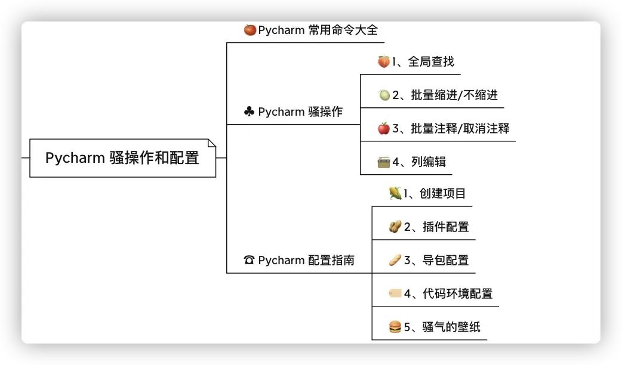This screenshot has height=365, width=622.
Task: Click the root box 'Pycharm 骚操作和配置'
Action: pyautogui.click(x=122, y=158)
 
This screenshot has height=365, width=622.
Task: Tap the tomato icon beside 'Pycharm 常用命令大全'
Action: pyautogui.click(x=250, y=30)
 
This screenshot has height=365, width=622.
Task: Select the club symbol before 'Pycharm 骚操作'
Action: pyautogui.click(x=249, y=112)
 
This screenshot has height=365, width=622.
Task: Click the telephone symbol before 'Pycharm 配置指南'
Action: pyautogui.click(x=249, y=260)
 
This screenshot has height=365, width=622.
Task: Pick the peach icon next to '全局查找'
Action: pyautogui.click(x=383, y=61)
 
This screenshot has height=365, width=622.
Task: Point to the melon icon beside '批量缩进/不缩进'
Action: pyautogui.click(x=384, y=95)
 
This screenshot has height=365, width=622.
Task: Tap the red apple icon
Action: pyautogui.click(x=384, y=128)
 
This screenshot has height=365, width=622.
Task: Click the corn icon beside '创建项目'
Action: pyautogui.click(x=395, y=193)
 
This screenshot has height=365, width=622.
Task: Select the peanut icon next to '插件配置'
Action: pyautogui.click(x=395, y=227)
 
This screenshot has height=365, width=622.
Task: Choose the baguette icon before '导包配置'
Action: pyautogui.click(x=395, y=260)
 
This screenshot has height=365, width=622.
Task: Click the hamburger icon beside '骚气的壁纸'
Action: pyautogui.click(x=395, y=327)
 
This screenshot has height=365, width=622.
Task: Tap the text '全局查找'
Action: pyautogui.click(x=431, y=61)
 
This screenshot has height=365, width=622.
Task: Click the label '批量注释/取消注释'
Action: pyautogui.click(x=460, y=128)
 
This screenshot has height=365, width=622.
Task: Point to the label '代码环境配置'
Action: pyautogui.click(x=458, y=293)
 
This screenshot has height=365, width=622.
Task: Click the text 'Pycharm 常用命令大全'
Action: pyautogui.click(x=318, y=30)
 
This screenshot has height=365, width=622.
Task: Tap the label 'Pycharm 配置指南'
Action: pyautogui.click(x=306, y=260)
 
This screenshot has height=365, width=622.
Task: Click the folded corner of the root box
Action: pyautogui.click(x=211, y=143)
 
